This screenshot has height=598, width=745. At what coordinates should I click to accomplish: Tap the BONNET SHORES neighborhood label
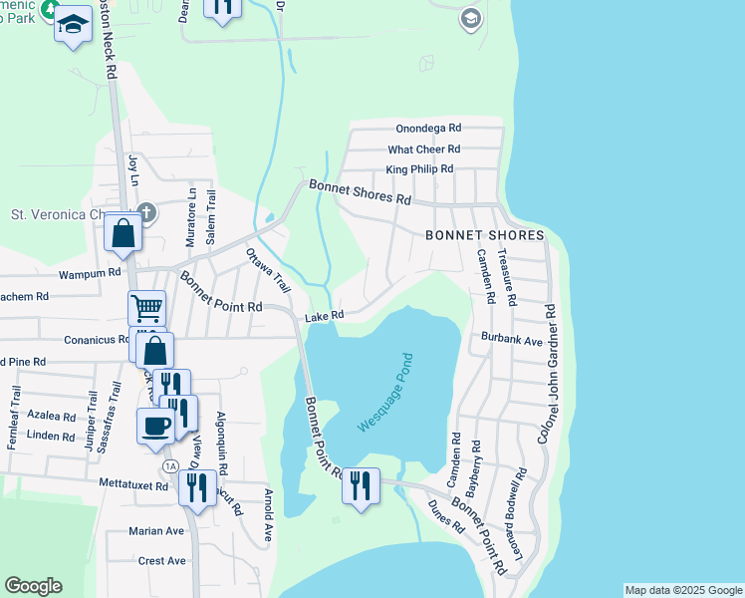[x=484, y=235]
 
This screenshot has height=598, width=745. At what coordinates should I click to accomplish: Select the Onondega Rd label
[x=428, y=129]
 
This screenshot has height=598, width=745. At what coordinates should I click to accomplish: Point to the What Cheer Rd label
[x=423, y=149]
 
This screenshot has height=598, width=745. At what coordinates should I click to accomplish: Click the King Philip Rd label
[x=419, y=169]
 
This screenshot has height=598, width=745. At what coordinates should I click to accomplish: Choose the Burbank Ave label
[x=511, y=340]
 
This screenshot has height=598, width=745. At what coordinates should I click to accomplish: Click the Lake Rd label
[x=324, y=316]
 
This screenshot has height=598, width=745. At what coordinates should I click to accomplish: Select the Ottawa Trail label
[x=267, y=270]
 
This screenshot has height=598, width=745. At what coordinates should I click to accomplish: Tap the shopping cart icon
[x=145, y=308]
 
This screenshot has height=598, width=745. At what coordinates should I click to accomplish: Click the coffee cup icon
[x=154, y=426]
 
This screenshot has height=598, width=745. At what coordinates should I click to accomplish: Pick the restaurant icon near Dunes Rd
[x=361, y=485]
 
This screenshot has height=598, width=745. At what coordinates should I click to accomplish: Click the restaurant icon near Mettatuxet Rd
[x=197, y=487]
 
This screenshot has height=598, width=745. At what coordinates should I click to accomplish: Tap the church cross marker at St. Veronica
[x=145, y=212]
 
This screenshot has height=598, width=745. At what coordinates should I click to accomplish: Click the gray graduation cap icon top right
[x=471, y=18]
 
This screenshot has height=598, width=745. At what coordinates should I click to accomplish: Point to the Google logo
[x=33, y=586]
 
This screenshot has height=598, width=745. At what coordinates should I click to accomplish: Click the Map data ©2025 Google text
[x=682, y=590]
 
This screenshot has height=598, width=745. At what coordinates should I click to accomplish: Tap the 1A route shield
[x=170, y=466]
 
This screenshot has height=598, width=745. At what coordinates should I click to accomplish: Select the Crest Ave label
[x=162, y=561]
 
